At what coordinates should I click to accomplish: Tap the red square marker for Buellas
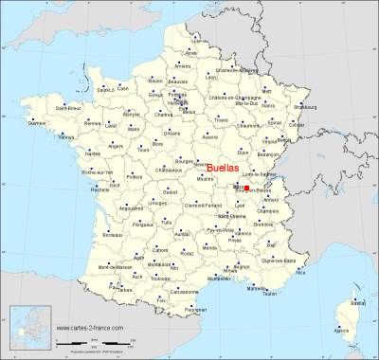tap(245, 189)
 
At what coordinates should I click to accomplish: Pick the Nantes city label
tap(91, 152)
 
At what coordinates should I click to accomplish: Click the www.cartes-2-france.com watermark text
tap(94, 328)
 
